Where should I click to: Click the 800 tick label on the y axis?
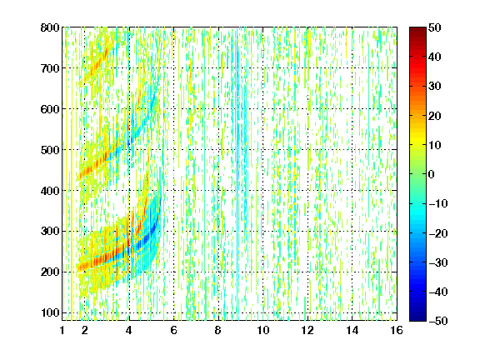(x=50, y=27)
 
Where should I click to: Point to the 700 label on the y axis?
(x=50, y=68)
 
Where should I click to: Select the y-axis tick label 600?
(x=50, y=109)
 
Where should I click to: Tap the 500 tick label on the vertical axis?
(x=50, y=150)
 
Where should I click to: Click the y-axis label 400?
(x=50, y=191)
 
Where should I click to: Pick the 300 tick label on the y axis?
(x=50, y=231)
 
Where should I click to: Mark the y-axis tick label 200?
(x=50, y=272)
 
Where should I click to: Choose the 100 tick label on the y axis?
(x=50, y=312)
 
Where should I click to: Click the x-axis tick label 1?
(x=62, y=330)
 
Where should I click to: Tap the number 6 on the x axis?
(x=173, y=330)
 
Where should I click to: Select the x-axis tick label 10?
(x=262, y=330)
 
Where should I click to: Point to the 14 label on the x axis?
(x=352, y=330)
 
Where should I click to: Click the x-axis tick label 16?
(x=397, y=330)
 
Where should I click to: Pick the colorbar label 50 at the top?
(x=435, y=27)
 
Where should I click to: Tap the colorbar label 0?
(x=432, y=174)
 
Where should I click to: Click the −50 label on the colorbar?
(x=438, y=321)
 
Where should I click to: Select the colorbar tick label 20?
(x=435, y=116)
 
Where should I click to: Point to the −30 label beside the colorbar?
(x=438, y=262)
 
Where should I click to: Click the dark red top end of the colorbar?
(x=417, y=29)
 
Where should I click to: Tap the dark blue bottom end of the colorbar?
(x=417, y=319)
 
